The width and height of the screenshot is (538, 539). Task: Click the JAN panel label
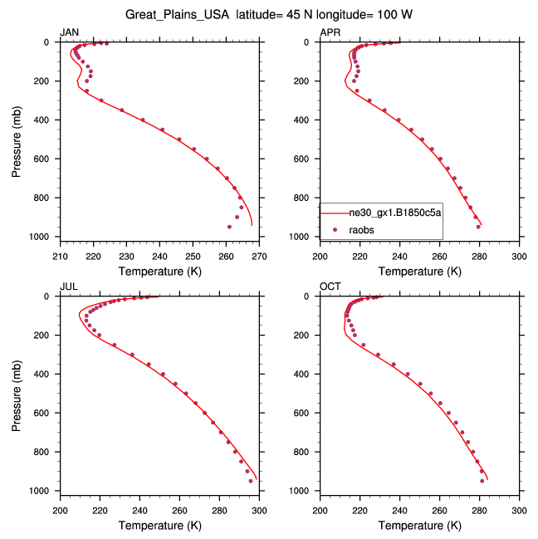click(x=69, y=32)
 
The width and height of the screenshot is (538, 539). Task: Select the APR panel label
click(x=330, y=32)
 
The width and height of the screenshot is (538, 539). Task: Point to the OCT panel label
click(x=330, y=287)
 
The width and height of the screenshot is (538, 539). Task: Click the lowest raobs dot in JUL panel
click(x=251, y=481)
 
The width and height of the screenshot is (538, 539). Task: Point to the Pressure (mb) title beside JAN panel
click(x=17, y=140)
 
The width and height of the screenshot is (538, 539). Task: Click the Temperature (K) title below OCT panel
click(x=419, y=525)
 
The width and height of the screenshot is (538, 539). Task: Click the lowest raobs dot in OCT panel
click(x=482, y=481)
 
